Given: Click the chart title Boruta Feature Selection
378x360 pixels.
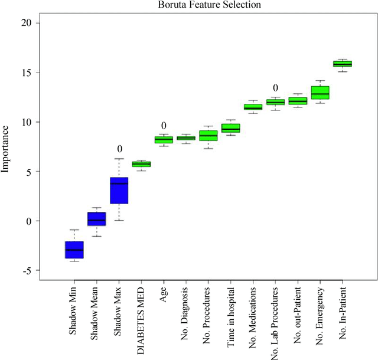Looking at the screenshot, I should coord(201,5).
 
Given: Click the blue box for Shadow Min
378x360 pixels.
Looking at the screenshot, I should coord(74,250).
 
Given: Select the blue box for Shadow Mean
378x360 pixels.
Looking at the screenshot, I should coord(96,218).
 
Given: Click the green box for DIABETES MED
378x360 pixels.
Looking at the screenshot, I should coord(141,164).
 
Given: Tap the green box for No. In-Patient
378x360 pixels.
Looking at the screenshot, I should coord(342,64).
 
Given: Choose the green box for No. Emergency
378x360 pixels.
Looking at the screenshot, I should coord(320,93).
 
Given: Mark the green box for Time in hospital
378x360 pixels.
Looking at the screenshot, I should coord(230,128).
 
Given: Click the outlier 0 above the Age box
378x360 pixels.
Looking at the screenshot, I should coord(164,126).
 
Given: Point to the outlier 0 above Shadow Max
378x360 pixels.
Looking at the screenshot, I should coord(119,149).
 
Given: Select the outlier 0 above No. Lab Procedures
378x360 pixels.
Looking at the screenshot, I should coord(275,88).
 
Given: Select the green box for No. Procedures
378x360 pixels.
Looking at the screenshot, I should coord(208,136).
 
